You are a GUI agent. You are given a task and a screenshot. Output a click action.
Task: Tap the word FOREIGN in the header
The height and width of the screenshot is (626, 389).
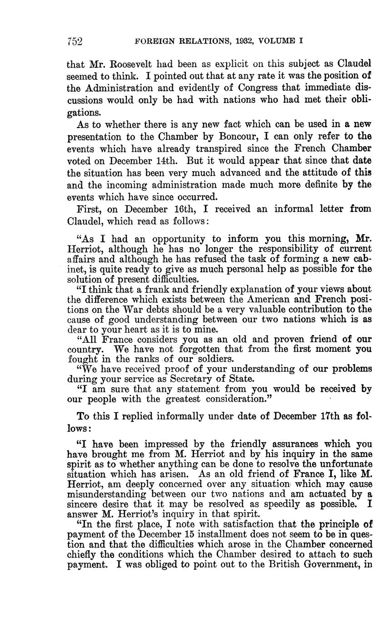pyautogui.click(x=153, y=41)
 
